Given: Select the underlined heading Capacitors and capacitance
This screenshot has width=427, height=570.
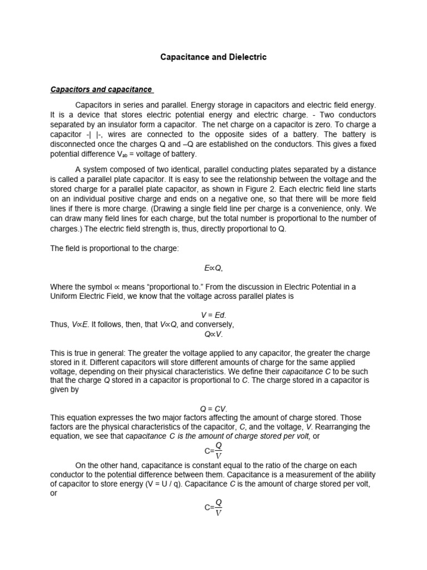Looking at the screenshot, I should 102,89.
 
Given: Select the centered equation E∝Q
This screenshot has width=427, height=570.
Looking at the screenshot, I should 213,268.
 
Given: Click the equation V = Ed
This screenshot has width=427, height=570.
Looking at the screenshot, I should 213,315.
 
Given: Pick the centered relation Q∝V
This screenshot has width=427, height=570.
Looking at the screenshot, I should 213,334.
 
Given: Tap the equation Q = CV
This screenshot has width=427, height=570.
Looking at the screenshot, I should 213,408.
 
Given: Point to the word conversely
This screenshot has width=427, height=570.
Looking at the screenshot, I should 215,324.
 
